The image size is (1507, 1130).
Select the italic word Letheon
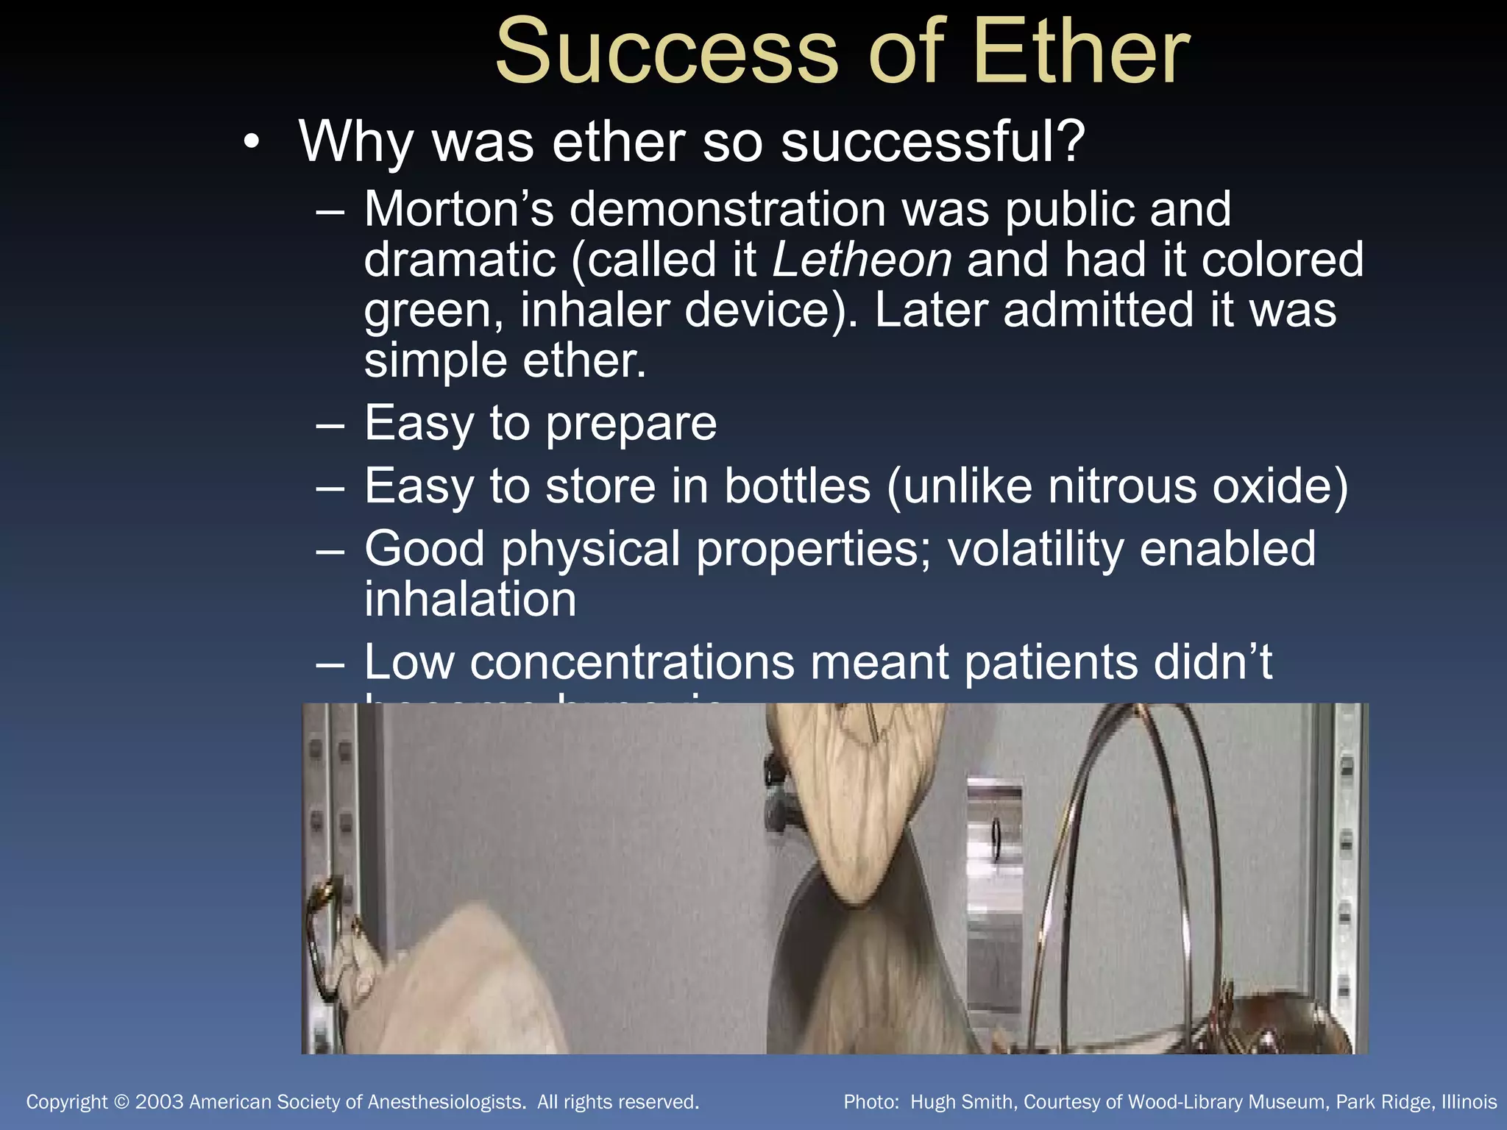(x=862, y=260)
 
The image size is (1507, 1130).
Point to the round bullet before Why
(x=252, y=141)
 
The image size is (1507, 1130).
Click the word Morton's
(x=458, y=209)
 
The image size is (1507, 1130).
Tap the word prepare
(x=631, y=424)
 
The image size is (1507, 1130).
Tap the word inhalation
(x=470, y=599)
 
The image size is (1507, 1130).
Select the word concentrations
(x=632, y=662)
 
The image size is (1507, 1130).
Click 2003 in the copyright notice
(x=159, y=1102)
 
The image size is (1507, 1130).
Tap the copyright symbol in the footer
(x=122, y=1102)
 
